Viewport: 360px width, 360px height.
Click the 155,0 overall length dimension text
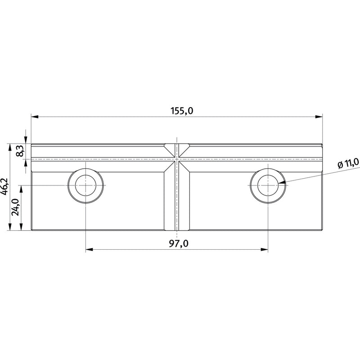(182, 111)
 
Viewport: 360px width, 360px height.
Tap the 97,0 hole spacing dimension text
(179, 243)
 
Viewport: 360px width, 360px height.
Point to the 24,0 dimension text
(16, 207)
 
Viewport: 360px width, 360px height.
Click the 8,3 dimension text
(20, 151)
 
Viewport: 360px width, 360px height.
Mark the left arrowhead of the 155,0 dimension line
(35, 117)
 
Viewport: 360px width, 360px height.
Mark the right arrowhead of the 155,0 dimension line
(319, 117)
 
